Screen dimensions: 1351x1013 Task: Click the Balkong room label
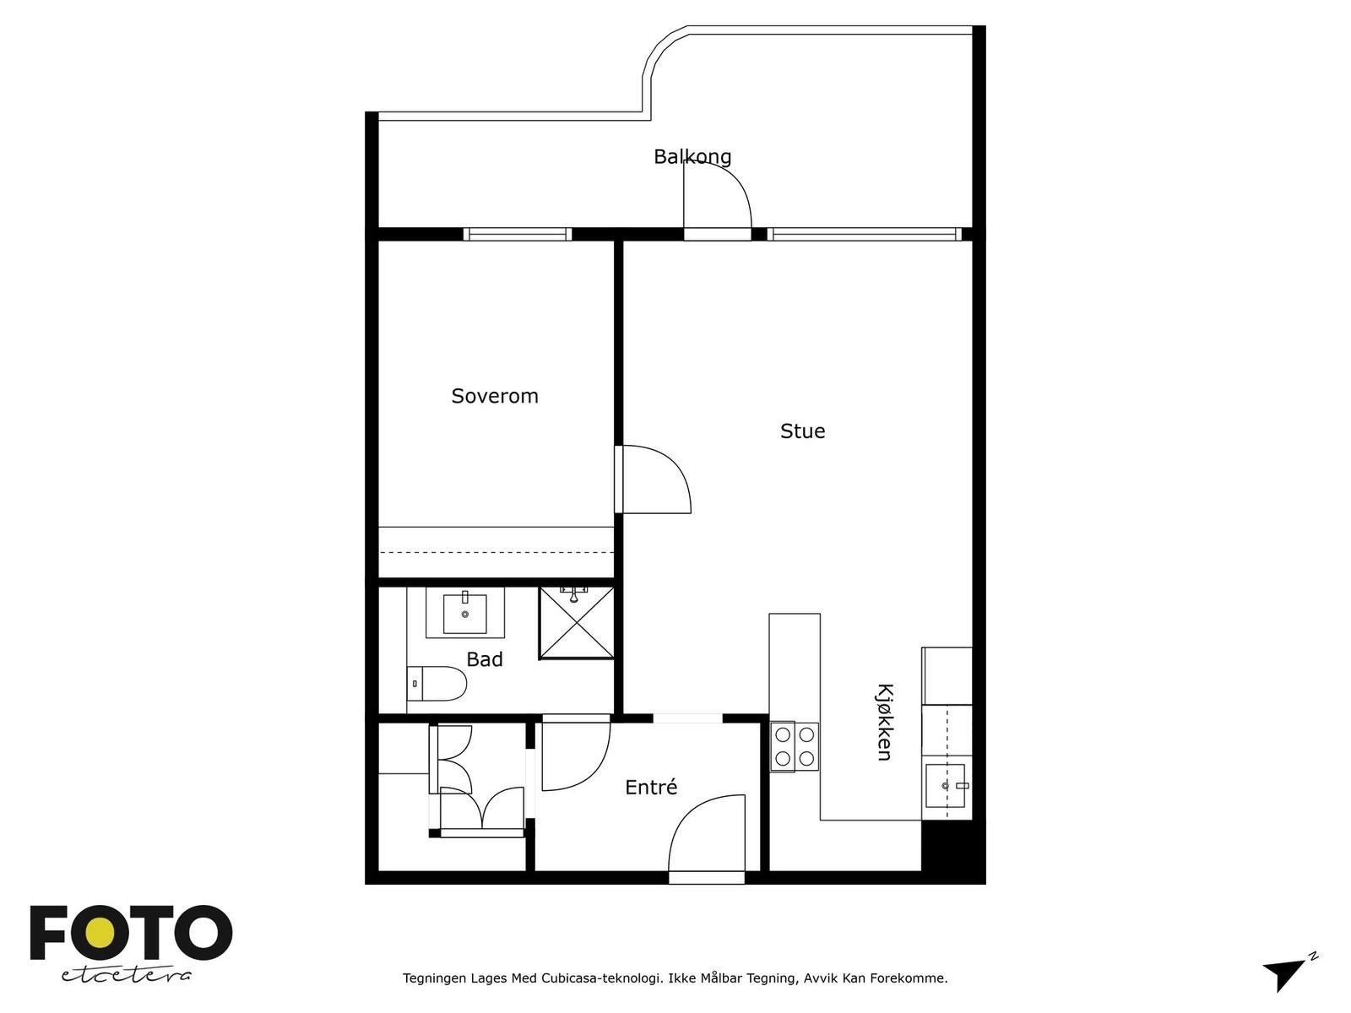692,157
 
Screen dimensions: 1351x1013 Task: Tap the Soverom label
495,396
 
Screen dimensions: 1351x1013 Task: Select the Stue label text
803,431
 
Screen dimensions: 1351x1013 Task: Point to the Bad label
485,659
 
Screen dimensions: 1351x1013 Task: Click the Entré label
651,787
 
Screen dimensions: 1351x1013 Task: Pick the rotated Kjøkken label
884,722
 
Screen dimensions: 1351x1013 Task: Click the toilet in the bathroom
437,683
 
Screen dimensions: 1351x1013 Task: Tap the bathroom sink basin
465,613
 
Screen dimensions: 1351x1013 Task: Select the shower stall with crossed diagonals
577,623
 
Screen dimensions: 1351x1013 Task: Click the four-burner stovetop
795,747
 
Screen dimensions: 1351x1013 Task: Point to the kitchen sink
947,785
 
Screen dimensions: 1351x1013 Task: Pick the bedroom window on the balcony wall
517,235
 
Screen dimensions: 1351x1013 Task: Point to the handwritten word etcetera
126,975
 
